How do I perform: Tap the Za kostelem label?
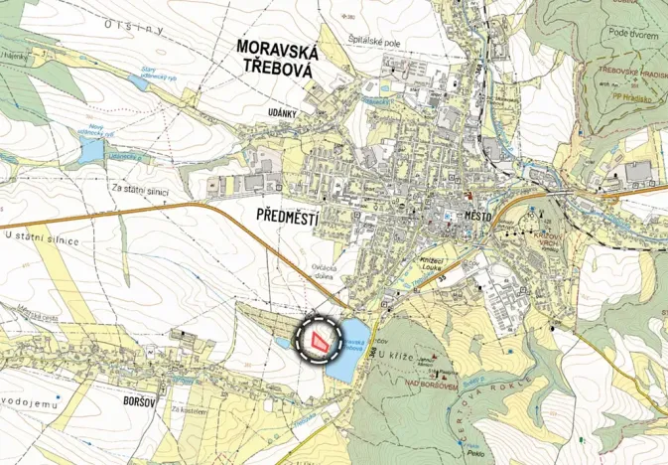click(x=185, y=408)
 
